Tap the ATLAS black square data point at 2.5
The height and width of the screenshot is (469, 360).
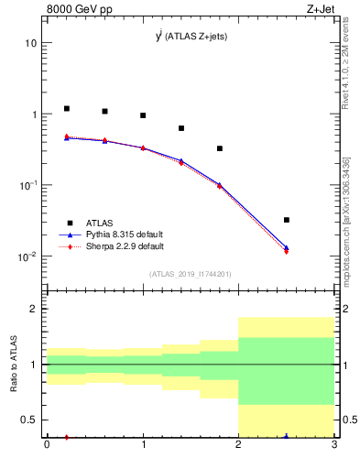pyautogui.click(x=287, y=220)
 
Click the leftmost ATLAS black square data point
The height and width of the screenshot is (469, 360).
pyautogui.click(x=67, y=109)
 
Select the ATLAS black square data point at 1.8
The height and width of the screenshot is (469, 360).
pyautogui.click(x=220, y=148)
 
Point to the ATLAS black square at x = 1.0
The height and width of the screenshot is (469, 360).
pyautogui.click(x=143, y=115)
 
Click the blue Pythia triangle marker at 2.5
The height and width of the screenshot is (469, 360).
pyautogui.click(x=287, y=247)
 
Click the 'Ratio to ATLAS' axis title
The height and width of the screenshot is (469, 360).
pyautogui.click(x=14, y=365)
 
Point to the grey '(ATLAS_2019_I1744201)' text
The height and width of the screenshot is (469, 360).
pyautogui.click(x=191, y=274)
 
